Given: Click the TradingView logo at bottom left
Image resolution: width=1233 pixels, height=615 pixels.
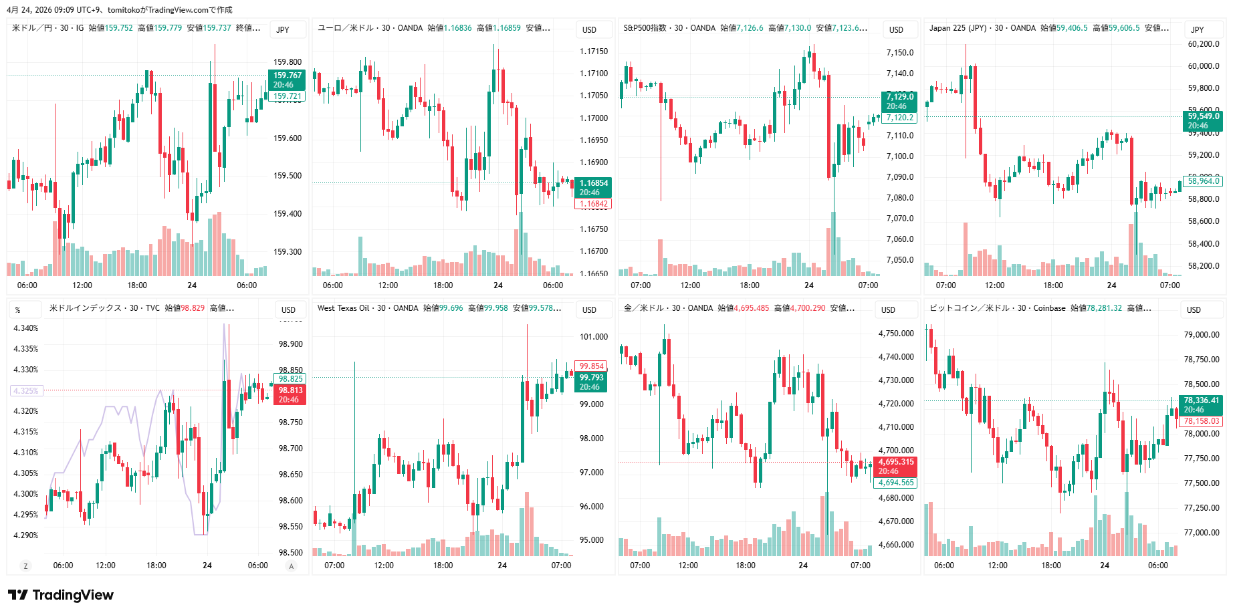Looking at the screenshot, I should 61,595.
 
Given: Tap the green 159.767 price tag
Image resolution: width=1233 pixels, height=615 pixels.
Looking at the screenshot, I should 287,80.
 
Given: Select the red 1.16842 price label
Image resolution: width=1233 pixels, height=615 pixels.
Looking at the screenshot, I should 593,204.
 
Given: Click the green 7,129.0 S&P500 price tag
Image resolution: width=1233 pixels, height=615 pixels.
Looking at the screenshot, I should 899,101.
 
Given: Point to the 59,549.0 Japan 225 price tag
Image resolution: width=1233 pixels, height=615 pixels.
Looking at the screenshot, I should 1203,120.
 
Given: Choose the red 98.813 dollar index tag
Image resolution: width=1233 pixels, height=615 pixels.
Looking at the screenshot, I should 290,394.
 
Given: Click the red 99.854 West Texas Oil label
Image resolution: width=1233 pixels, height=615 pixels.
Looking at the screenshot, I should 592,366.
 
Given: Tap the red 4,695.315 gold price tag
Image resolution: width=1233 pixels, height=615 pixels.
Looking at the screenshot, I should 896,466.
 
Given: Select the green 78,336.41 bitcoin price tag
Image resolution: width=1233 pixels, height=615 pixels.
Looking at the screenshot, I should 1201,404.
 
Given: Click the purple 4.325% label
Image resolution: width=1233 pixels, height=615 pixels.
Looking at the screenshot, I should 26,390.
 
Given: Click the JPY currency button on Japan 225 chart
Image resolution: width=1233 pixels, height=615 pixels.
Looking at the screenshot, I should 1197,29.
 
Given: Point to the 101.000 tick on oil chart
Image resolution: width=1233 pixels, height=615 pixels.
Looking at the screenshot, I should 594,337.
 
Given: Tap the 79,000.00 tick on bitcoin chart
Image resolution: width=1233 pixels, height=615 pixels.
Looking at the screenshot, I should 1202,335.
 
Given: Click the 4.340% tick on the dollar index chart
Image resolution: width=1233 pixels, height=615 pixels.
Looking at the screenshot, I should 26,328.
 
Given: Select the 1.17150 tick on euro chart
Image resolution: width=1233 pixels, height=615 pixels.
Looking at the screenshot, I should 594,51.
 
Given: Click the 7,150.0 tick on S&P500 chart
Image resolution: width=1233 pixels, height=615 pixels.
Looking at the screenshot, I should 899,53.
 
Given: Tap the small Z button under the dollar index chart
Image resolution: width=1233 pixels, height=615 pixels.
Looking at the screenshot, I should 26,566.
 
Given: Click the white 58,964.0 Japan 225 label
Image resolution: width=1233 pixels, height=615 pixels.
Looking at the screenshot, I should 1203,180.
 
